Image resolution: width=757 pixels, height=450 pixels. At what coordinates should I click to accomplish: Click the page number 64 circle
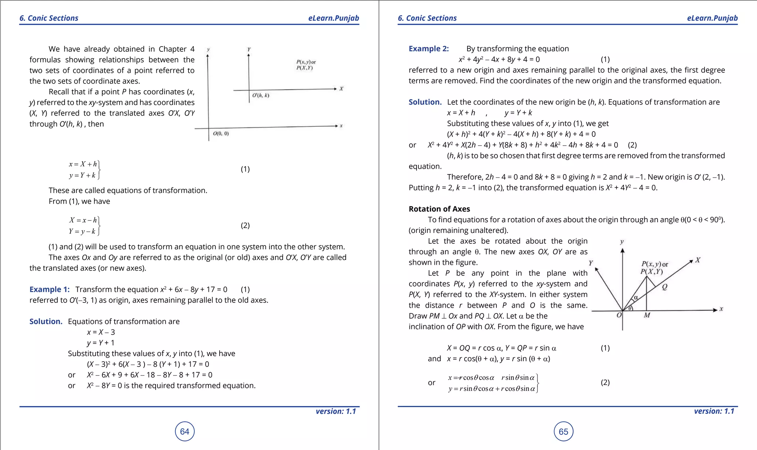point(184,432)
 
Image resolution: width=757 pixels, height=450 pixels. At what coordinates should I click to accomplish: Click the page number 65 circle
point(563,432)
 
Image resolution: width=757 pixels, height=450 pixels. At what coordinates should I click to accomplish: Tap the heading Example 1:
point(50,289)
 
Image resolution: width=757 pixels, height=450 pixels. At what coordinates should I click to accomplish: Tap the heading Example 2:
point(428,48)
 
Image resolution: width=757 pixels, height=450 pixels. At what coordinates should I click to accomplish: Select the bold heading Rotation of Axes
point(439,209)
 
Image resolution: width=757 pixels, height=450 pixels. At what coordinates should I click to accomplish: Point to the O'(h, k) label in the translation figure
point(261,95)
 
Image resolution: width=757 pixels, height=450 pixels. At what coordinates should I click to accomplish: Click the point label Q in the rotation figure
point(665,287)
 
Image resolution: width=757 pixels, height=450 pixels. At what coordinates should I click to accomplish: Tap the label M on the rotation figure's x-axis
point(647,315)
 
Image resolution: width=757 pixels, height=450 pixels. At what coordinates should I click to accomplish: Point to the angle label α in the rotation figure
point(636,297)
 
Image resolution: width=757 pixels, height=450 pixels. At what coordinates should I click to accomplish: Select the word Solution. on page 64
point(46,321)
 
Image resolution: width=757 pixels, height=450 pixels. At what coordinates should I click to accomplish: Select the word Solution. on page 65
point(425,102)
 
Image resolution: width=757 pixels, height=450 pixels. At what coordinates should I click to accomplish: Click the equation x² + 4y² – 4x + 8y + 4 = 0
point(499,59)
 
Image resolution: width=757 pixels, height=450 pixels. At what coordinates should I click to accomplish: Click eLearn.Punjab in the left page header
point(333,18)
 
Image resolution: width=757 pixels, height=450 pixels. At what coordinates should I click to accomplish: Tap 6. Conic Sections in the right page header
point(427,18)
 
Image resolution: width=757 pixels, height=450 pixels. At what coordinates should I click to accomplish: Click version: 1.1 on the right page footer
point(714,411)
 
